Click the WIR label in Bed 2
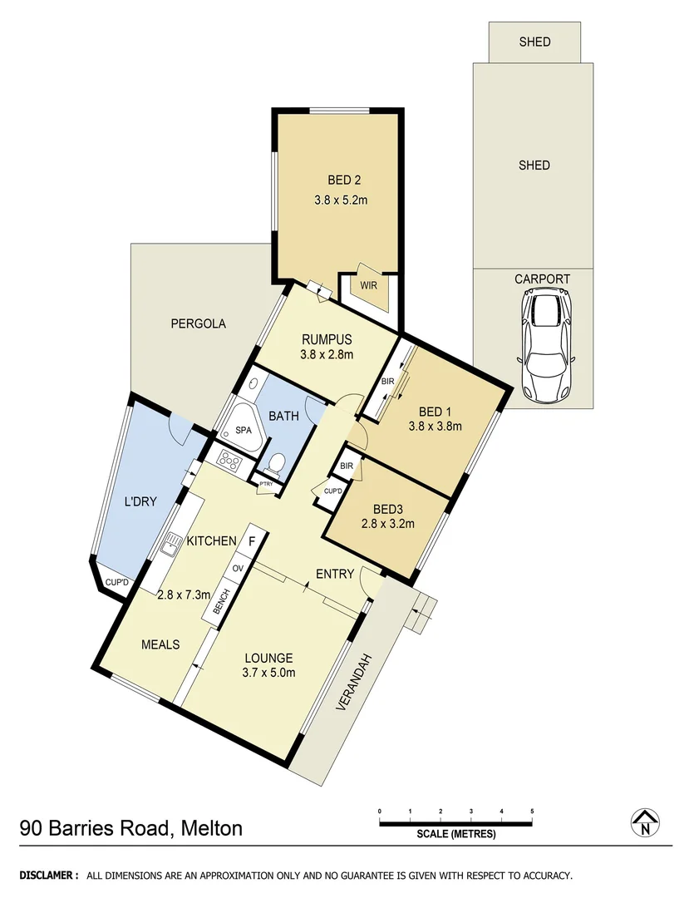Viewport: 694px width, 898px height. coord(368,285)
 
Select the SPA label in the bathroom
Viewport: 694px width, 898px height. coord(243,431)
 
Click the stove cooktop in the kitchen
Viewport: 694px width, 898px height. coord(228,457)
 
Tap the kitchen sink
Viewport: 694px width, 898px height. coord(172,544)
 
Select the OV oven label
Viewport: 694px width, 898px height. coord(237,569)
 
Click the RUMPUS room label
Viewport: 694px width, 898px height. coord(327,339)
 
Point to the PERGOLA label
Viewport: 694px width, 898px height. coord(198,323)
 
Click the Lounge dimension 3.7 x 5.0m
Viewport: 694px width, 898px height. coord(268,673)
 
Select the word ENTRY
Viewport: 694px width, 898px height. coord(335,574)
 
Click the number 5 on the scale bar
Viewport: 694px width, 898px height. coord(532,811)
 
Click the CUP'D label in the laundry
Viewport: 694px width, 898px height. coord(116,582)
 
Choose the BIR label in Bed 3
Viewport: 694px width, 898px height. coord(347,466)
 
